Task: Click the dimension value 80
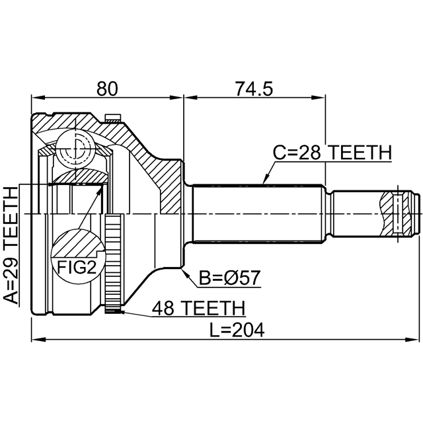[106, 88]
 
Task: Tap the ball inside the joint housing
[74, 146]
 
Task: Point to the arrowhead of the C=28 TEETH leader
[264, 181]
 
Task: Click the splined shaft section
[258, 213]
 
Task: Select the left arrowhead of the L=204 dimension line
[34, 340]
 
